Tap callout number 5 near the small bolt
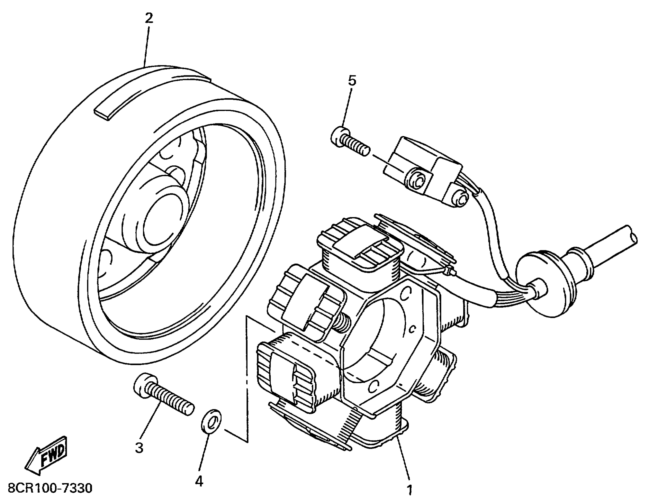(352, 81)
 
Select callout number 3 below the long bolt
(139, 447)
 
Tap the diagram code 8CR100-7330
(50, 488)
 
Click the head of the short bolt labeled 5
(339, 137)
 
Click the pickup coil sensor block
(422, 170)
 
